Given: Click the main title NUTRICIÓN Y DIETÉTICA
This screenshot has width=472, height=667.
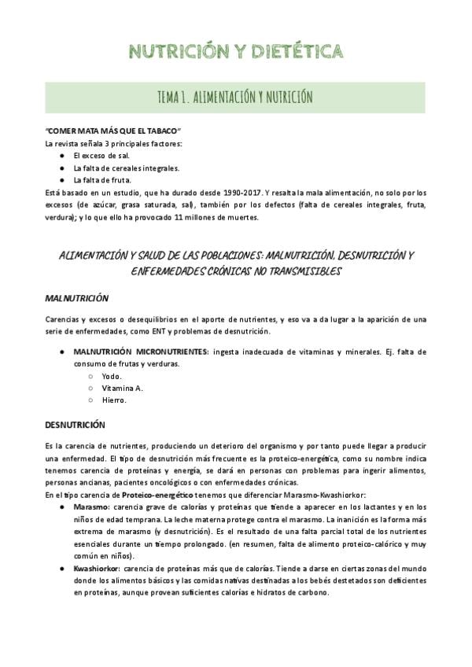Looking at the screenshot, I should [236, 52].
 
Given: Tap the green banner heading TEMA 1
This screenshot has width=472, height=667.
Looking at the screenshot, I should [236, 97].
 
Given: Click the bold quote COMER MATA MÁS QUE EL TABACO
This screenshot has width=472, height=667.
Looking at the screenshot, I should [113, 131].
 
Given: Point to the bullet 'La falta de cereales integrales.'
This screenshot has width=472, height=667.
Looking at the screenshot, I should [126, 168].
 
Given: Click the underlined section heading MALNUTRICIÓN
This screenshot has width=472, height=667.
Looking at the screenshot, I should [76, 300].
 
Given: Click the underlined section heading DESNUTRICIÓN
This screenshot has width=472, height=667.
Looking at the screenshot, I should [75, 425].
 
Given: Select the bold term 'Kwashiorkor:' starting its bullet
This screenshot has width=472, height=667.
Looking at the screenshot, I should [97, 568].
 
